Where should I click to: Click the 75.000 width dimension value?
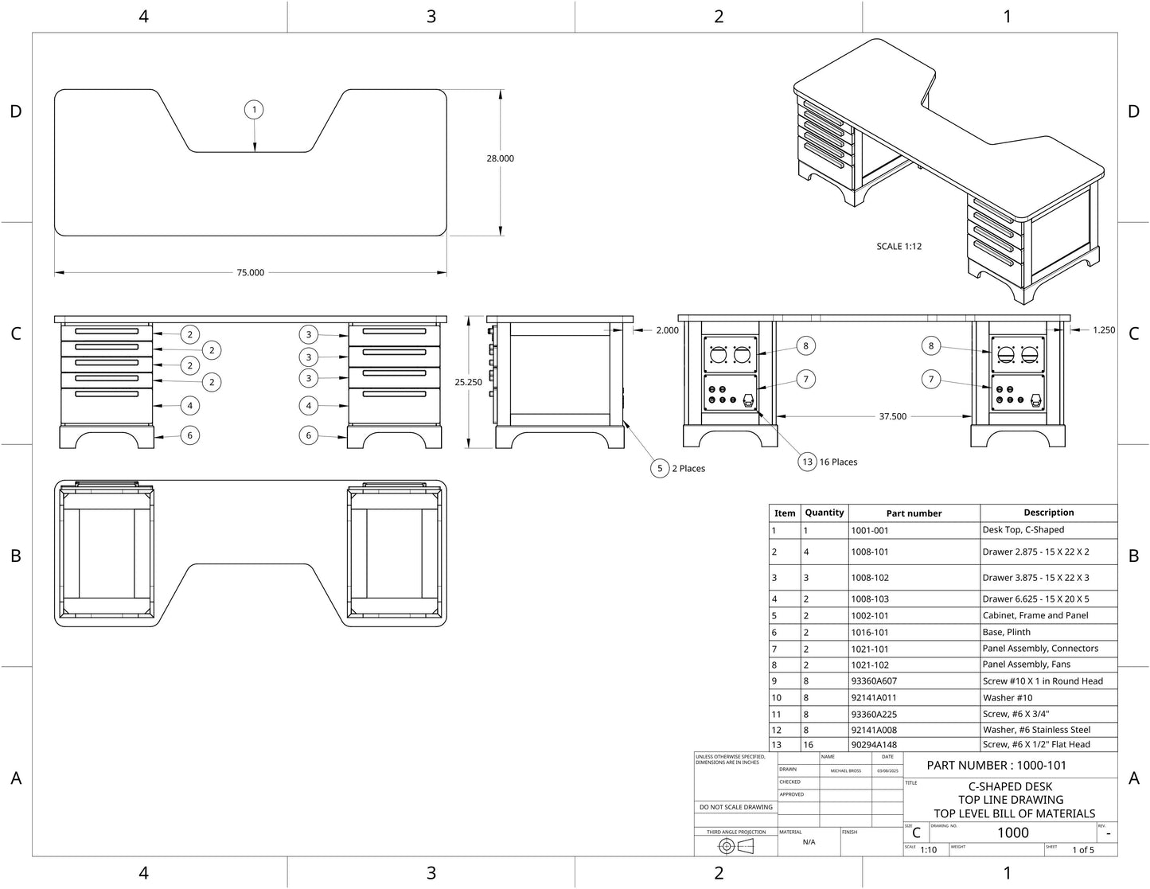point(250,273)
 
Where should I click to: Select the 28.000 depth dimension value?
point(500,158)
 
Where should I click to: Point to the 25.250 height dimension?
point(468,382)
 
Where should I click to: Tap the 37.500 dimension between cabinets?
point(892,416)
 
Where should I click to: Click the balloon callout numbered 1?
point(254,110)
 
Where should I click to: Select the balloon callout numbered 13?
point(807,462)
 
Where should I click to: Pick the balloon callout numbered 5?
point(660,469)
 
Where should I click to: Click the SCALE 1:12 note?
point(899,247)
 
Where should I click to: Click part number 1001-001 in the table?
point(869,530)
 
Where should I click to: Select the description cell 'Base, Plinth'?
point(1006,633)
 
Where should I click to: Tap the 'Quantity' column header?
point(824,513)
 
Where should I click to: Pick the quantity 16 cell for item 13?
point(809,745)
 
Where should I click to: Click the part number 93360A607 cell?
point(873,681)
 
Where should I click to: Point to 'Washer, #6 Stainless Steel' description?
point(1036,730)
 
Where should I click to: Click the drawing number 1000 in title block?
point(1012,832)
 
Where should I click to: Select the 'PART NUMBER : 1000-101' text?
point(996,766)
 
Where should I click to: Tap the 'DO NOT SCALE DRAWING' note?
point(735,807)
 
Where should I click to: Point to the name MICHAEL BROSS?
point(845,770)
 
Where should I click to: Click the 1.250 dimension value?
point(1103,330)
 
